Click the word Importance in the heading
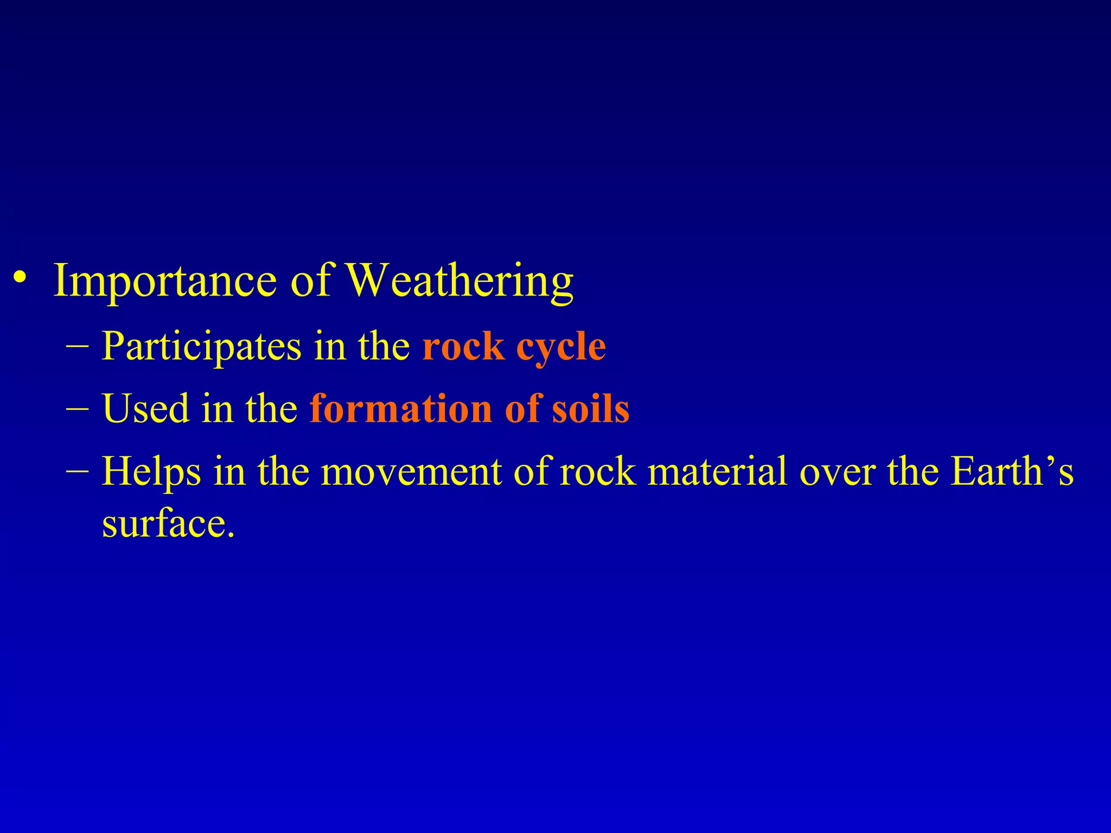[165, 281]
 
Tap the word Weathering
[460, 281]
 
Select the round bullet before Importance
[21, 278]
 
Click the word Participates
[201, 346]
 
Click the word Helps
[151, 471]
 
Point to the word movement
[411, 471]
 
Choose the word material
[717, 471]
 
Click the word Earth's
[1012, 471]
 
